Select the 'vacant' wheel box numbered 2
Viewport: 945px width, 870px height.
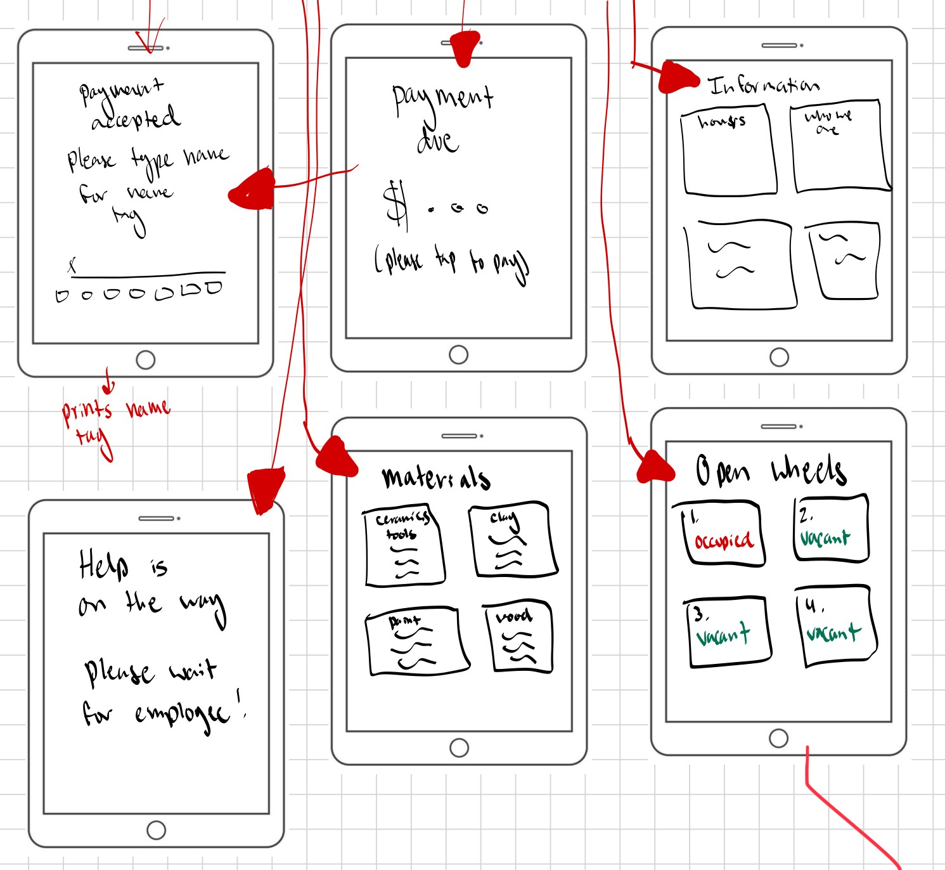[x=830, y=529]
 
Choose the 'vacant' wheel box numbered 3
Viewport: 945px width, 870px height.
[x=728, y=632]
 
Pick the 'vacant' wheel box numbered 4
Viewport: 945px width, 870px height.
[x=835, y=625]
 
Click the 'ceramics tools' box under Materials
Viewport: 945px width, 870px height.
[x=403, y=546]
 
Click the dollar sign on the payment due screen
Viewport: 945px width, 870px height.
[x=396, y=204]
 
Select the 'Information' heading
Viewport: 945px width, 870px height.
[x=763, y=86]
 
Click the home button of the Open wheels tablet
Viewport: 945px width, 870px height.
[x=778, y=738]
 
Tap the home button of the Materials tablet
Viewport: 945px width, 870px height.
[x=459, y=748]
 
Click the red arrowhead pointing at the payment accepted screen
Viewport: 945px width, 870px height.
[x=252, y=190]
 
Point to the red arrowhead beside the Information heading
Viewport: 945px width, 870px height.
[x=677, y=78]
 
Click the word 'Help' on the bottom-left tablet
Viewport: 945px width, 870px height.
[x=103, y=565]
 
